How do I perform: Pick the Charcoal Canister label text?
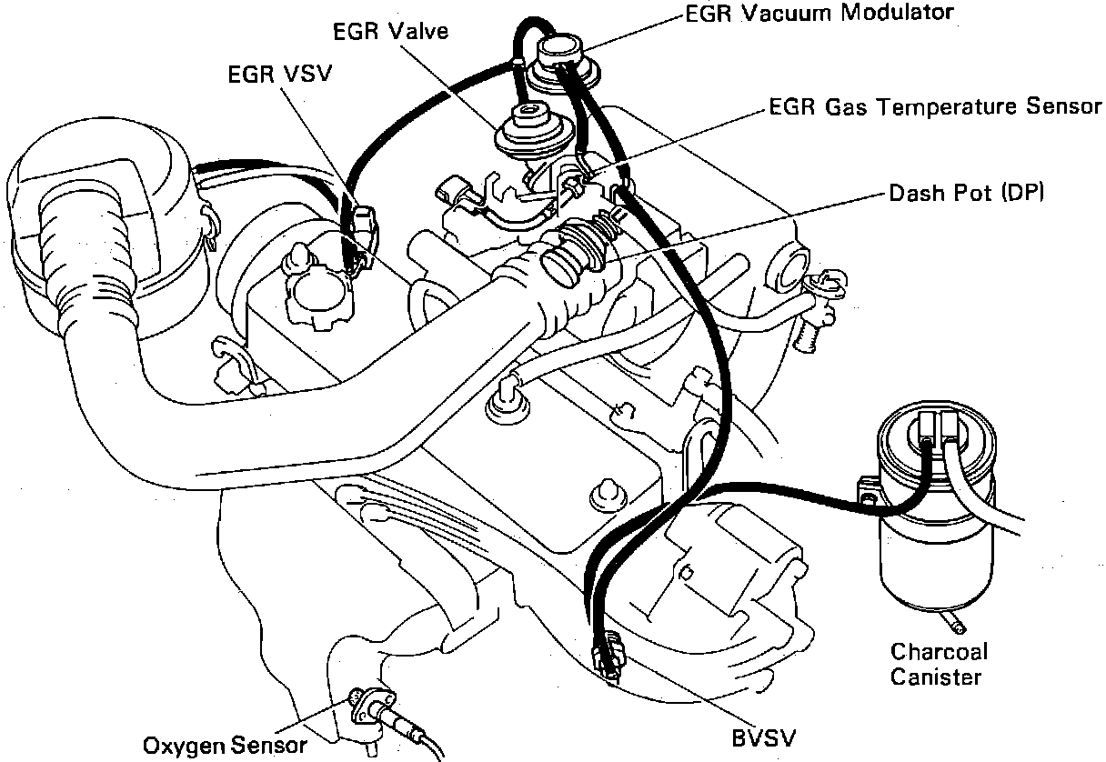(x=938, y=664)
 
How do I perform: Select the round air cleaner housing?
(x=100, y=218)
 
